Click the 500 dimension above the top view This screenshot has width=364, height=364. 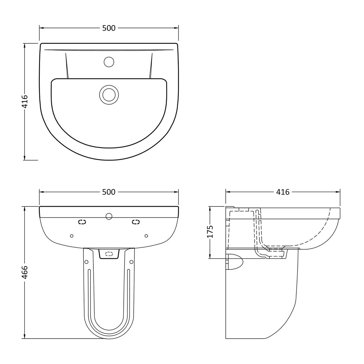coord(109,28)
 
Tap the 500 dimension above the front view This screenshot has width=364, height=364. coord(109,192)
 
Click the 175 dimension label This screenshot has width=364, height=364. coord(210,232)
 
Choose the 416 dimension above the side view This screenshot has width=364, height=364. coord(283,192)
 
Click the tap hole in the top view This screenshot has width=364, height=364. coord(109,62)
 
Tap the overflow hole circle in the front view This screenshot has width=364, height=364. coord(109,216)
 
